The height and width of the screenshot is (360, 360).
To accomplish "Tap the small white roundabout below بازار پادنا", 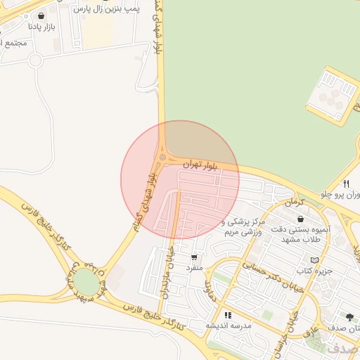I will point(36,60).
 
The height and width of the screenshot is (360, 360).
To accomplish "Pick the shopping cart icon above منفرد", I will point(193,257).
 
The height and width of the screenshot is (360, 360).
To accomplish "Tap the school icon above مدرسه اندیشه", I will point(227,315).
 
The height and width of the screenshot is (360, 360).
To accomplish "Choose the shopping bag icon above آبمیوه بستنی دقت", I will point(300,218).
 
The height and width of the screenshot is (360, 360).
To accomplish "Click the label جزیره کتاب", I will point(314,271).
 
